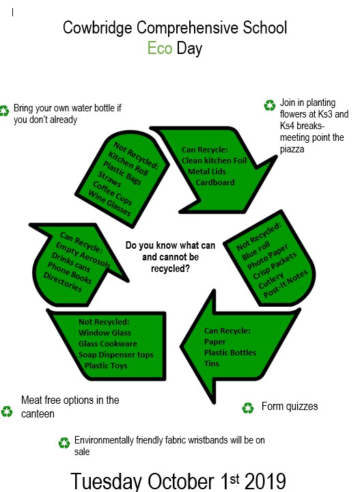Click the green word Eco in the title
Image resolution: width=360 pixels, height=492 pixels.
coord(160,49)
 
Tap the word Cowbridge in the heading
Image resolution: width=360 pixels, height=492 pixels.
coord(98,27)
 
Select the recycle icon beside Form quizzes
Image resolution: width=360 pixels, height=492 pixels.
coord(248,408)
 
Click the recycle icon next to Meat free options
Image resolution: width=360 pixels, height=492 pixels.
coord(7,411)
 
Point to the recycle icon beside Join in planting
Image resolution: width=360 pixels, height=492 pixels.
coord(270,105)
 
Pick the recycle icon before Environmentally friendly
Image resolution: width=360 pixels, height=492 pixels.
coord(64,443)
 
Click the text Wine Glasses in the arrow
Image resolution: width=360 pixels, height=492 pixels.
coord(109,204)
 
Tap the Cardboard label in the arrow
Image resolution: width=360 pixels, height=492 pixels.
coord(215,182)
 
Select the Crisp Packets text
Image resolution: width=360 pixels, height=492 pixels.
coord(275,265)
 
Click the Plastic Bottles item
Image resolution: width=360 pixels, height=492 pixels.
coord(230,353)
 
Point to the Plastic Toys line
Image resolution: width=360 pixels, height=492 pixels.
coord(106,366)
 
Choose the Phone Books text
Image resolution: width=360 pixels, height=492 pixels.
coord(69,273)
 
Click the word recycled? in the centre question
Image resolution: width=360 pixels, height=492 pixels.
coord(170,269)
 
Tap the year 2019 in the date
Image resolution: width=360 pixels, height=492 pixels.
coord(265,481)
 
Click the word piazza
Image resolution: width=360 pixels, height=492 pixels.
coord(292,150)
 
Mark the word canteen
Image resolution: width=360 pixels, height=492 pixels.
coord(38,414)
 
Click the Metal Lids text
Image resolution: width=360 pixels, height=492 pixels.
coord(207,172)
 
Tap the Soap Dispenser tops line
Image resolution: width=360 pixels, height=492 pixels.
coord(116,355)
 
